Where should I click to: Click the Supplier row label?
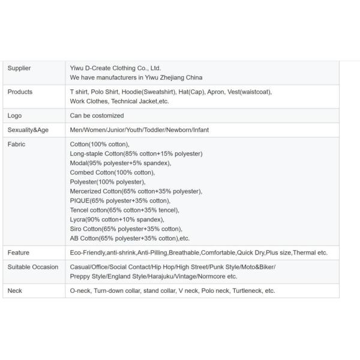click(x=19, y=68)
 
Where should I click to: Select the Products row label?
click(x=20, y=92)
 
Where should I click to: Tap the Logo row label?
click(x=14, y=116)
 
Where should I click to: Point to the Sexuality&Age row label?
click(x=29, y=130)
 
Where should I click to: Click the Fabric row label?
click(x=17, y=145)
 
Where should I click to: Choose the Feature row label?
click(x=19, y=253)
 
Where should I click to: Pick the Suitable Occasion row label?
click(x=33, y=267)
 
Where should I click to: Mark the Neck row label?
click(x=15, y=291)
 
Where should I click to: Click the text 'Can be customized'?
click(x=97, y=116)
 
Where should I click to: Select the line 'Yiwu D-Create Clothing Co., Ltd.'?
click(x=116, y=68)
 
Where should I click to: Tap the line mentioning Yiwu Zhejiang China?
click(x=136, y=77)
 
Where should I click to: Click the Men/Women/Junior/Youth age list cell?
click(x=139, y=130)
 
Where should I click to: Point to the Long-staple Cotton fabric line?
click(x=136, y=154)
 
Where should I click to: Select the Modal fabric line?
click(x=121, y=163)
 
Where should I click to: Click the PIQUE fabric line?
click(x=120, y=200)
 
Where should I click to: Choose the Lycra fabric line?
click(x=117, y=220)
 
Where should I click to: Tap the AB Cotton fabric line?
click(x=130, y=238)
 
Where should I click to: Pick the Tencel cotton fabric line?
click(x=125, y=210)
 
